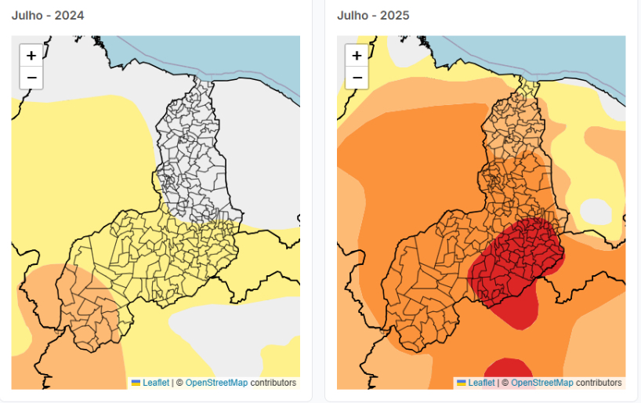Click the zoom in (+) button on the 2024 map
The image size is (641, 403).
point(31,55)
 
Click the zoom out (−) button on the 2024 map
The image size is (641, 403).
point(31,78)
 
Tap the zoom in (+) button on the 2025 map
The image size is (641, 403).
point(357,55)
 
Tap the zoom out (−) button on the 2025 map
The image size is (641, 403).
point(357,78)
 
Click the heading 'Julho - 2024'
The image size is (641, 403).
point(48,16)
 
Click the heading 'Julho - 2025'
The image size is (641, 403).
point(373,16)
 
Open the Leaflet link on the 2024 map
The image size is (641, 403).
point(156,383)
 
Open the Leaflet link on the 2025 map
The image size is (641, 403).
point(481,383)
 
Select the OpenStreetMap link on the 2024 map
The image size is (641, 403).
point(216,383)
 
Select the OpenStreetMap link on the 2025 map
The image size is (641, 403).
point(541,383)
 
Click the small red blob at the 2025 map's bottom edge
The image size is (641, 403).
point(508,368)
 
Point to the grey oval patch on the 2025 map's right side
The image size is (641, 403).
point(596,212)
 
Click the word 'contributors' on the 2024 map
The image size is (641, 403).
point(273,383)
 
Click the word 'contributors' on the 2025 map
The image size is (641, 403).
point(599,383)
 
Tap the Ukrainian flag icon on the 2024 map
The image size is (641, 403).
point(136,383)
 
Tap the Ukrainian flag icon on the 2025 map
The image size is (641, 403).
point(461,383)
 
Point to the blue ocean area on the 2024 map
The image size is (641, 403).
point(229,55)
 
